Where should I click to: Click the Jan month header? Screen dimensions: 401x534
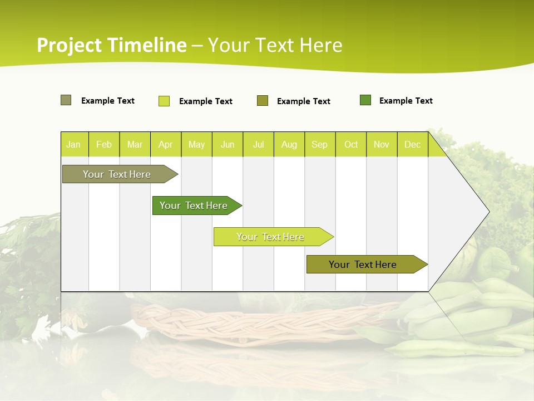coord(74,144)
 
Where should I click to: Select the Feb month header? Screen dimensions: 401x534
coord(104,144)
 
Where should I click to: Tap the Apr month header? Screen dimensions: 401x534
coord(166,144)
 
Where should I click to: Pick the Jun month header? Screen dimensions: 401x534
coord(228,144)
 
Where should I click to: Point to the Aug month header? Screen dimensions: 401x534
coord(289,144)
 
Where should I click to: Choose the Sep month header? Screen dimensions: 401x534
coord(320,144)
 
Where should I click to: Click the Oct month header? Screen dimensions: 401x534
coord(351,144)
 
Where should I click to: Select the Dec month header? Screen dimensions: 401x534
coord(413,144)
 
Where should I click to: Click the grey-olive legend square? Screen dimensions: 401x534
coord(66,100)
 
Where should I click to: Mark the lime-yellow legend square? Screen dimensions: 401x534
coord(164,101)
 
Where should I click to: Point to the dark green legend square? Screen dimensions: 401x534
coord(365,100)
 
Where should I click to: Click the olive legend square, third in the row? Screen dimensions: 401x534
coord(263,100)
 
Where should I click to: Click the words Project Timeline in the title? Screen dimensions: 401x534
coord(112,45)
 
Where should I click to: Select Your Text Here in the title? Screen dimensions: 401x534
coord(275,45)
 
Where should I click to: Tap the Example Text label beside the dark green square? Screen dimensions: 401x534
coord(406,101)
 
